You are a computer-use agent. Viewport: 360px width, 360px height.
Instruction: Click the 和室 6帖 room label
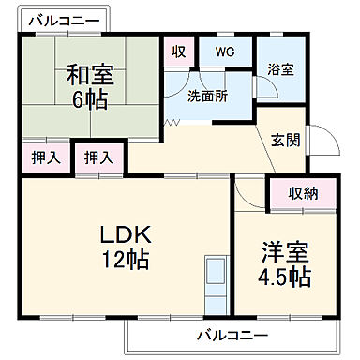point(90,85)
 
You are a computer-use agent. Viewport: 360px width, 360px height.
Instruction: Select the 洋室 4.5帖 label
point(285,264)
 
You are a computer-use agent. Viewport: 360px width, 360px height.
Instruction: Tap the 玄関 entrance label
point(285,141)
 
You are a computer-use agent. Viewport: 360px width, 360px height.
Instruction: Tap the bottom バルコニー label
point(232,336)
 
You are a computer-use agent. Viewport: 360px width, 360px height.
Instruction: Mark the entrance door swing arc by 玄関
point(326,143)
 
